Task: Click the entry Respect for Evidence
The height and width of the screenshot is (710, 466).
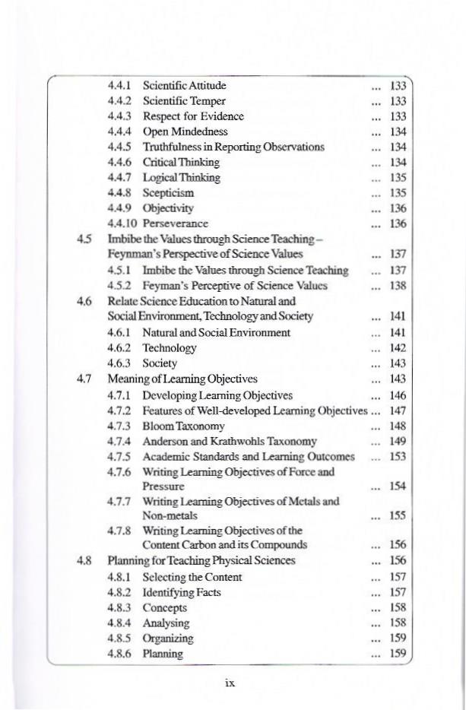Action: coord(193,116)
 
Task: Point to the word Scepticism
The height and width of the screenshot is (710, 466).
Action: coord(168,193)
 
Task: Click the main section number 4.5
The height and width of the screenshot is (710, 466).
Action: coord(84,239)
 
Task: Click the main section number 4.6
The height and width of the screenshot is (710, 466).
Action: coord(84,301)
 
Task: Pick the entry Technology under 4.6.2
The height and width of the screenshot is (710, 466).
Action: coord(170,347)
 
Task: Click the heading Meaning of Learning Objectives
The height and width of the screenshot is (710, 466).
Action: coord(182,379)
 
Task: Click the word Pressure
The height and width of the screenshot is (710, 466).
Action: coord(163,486)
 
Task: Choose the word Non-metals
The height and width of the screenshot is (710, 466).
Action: coord(170,515)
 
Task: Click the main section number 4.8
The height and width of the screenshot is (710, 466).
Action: coord(84,560)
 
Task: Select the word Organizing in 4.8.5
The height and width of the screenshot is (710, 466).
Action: coord(168,639)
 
